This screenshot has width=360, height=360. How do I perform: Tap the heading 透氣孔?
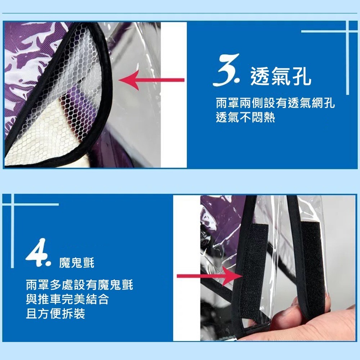coord(281,77)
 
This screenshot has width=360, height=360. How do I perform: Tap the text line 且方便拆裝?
coord(55,314)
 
